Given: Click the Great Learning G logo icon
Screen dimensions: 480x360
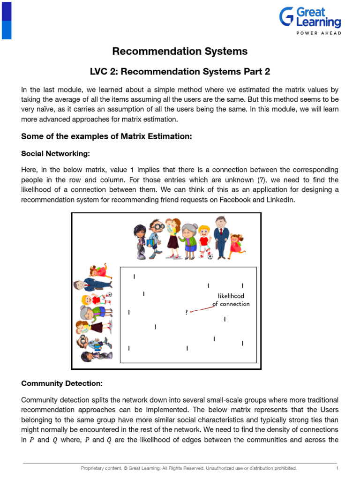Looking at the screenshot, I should [287, 16].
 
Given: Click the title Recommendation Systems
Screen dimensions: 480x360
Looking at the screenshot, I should [180, 51].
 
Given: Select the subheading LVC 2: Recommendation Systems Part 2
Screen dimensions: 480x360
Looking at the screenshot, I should [180, 72].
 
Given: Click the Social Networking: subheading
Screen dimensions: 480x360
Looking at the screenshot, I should [55, 154].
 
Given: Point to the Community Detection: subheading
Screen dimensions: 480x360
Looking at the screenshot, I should [62, 383].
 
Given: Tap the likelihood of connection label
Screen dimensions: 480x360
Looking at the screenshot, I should [231, 300].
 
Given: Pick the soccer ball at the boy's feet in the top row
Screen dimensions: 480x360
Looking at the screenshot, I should [210, 256].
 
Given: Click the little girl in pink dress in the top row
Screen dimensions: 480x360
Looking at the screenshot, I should [237, 244].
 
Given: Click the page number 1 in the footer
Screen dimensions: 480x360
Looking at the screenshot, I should [337, 468].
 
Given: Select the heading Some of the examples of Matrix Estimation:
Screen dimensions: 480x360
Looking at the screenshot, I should [107, 136].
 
